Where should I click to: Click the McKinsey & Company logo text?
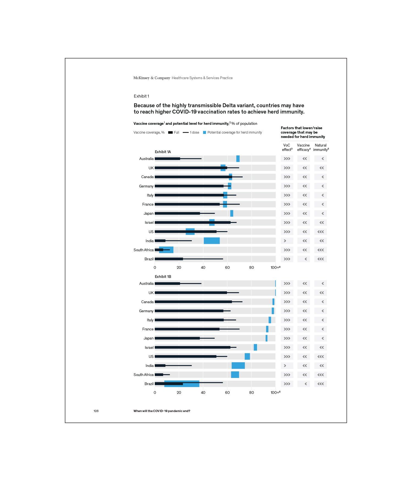coord(152,78)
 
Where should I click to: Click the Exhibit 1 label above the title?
coord(141,96)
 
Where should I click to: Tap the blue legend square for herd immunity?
coord(204,132)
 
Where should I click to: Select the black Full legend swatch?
coord(170,132)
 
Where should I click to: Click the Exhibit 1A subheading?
coord(163,152)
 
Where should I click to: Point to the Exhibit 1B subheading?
coord(163,277)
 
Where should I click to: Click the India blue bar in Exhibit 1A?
coord(212,241)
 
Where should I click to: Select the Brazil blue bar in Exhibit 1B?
coord(182,384)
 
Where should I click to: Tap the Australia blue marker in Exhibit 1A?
coord(238,159)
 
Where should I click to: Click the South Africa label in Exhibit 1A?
coord(143,250)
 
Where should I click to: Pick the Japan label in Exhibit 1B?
coord(148,338)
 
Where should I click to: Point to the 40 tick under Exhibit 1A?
coord(203,268)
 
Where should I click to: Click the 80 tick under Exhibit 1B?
coord(251,393)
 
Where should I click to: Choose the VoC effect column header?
coord(287,148)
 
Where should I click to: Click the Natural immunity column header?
coord(321,148)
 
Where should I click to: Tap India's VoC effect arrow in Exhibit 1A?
coord(285,241)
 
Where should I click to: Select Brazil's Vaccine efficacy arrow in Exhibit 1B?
coord(306,384)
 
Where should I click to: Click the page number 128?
coord(96,411)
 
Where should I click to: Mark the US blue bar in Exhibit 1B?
coord(247,356)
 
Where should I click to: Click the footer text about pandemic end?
coord(162,411)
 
